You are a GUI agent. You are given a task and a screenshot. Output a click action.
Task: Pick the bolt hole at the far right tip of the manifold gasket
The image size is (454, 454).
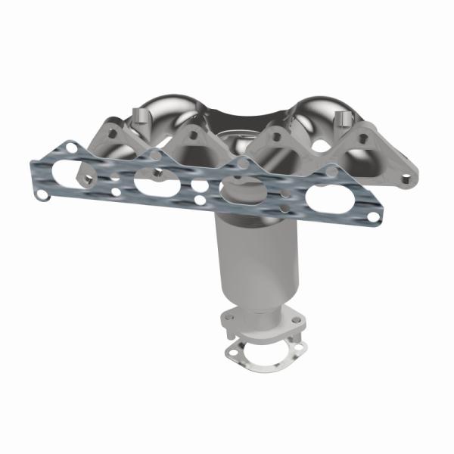(x=373, y=217)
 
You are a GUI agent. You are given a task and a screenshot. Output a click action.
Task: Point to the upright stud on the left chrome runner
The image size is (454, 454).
(x=138, y=115)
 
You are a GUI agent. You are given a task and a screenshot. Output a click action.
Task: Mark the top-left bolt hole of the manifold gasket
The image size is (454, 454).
(x=69, y=145)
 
